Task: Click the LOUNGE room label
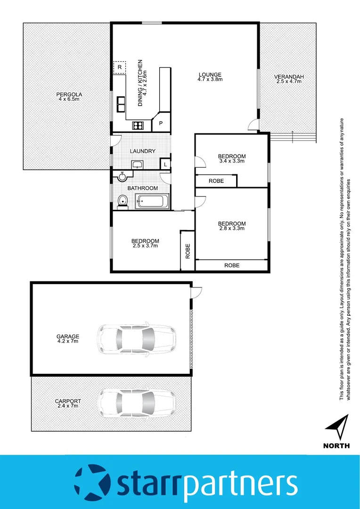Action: (210, 74)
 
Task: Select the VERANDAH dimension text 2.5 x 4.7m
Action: (289, 82)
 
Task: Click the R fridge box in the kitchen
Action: (120, 67)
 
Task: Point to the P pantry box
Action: (161, 123)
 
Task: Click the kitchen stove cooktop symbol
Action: (138, 125)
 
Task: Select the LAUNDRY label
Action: (143, 151)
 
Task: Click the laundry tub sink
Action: (137, 164)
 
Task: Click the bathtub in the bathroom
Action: (151, 202)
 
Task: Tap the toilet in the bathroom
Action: (123, 201)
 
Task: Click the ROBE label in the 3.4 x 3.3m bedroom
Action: (216, 181)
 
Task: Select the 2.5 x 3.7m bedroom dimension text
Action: (145, 246)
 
